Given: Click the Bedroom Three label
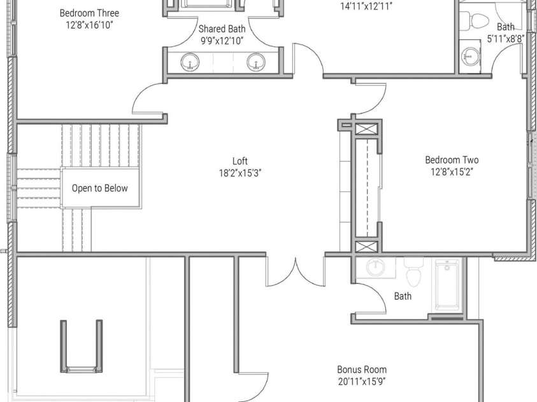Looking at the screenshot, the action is coord(89,13).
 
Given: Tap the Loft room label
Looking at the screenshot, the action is coord(240,161).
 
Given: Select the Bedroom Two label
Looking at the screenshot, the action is coord(452,160).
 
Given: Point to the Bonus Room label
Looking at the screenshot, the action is coord(362,370).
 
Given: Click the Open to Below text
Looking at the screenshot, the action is coord(99,188).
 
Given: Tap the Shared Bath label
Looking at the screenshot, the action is coord(222,29).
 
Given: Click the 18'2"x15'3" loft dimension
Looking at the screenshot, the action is coord(240,173).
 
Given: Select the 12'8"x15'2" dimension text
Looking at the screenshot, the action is coord(452,172).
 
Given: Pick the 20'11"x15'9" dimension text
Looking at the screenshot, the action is coord(362,382).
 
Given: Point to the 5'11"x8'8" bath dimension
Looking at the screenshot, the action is coord(506,39).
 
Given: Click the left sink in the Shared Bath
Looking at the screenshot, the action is coord(190,62).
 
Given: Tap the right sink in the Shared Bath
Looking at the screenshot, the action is coord(256,62).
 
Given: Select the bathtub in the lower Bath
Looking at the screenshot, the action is coord(447,286).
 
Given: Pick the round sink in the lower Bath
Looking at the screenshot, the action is coord(376,267).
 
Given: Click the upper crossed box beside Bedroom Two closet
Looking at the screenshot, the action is coord(367,130).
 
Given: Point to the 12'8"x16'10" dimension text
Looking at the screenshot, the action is coord(89,25).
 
